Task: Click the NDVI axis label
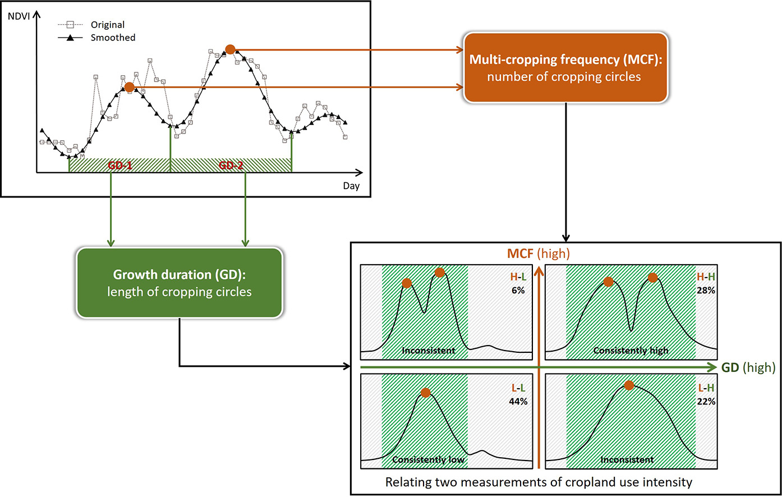click(x=19, y=16)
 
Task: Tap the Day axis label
click(x=351, y=186)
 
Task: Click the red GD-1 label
click(x=119, y=165)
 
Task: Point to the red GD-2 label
click(x=231, y=165)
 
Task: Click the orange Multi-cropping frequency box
click(x=565, y=68)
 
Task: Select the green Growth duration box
click(x=179, y=283)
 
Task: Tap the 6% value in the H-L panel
click(x=518, y=291)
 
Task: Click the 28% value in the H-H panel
click(x=706, y=291)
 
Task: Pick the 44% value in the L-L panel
click(x=518, y=402)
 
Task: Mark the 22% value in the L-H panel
click(x=706, y=402)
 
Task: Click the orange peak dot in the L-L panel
click(x=426, y=393)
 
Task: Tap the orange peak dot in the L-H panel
click(x=629, y=385)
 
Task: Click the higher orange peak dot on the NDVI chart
click(x=230, y=49)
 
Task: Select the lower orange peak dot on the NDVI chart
click(x=129, y=88)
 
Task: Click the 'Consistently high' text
click(x=631, y=351)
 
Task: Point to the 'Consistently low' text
click(x=428, y=459)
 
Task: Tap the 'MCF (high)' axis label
click(x=539, y=254)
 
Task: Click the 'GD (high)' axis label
click(x=748, y=367)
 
